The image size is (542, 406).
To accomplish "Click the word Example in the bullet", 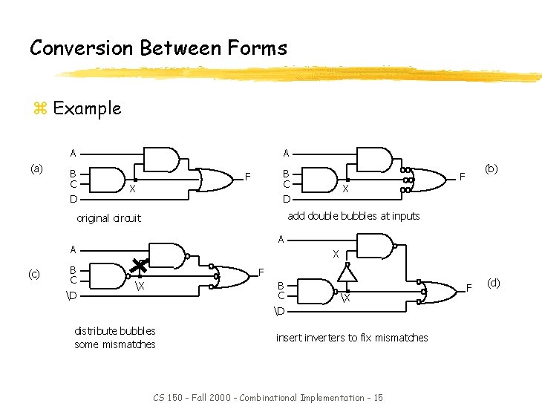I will pyautogui.click(x=87, y=108).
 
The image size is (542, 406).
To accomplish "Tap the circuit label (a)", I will pyautogui.click(x=36, y=169).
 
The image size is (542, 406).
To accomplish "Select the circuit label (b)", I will pyautogui.click(x=492, y=168).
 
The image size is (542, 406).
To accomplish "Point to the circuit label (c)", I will pyautogui.click(x=34, y=274).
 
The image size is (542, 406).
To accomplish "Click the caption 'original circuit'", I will pyautogui.click(x=108, y=218).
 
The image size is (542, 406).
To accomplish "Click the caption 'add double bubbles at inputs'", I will pyautogui.click(x=353, y=216).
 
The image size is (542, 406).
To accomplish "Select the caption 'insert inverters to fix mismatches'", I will pyautogui.click(x=352, y=338).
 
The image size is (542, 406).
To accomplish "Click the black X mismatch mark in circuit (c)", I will pyautogui.click(x=139, y=266).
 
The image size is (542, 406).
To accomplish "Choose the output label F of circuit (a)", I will pyautogui.click(x=248, y=177).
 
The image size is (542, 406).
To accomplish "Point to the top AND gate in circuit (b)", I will pyautogui.click(x=375, y=158).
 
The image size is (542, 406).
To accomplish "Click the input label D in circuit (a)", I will pyautogui.click(x=73, y=199).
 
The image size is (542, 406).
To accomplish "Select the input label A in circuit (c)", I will pyautogui.click(x=73, y=249).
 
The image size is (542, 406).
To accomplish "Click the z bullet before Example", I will pyautogui.click(x=40, y=109).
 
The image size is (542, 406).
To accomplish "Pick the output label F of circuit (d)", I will pyautogui.click(x=468, y=286).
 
